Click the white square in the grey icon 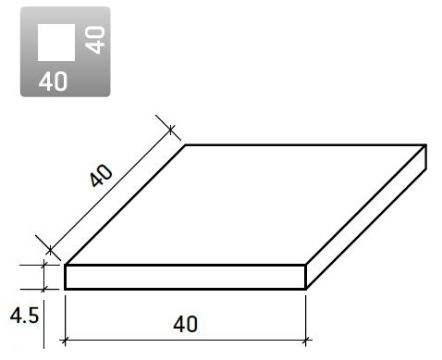(x=56, y=43)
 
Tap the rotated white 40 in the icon (x=95, y=40)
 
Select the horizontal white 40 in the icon (x=53, y=81)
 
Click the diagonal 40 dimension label (x=102, y=176)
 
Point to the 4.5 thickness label (x=24, y=316)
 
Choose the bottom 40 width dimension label (x=185, y=324)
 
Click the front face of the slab (x=185, y=277)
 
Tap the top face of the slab (x=246, y=205)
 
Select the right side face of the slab (x=366, y=217)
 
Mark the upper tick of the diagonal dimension (x=171, y=129)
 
